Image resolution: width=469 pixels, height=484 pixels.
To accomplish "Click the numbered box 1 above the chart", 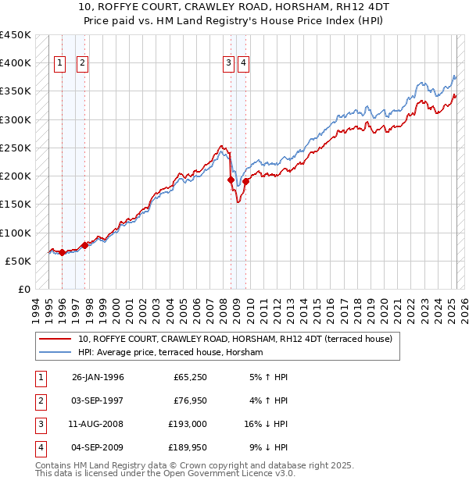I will coord(60,64).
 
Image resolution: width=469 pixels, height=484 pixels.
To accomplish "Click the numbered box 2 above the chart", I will coord(82,64).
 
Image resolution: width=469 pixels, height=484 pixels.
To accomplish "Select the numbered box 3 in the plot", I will coord(228,64).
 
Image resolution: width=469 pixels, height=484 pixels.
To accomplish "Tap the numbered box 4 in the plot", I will coord(244,64).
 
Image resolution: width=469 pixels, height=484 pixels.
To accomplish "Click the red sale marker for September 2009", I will coord(245,181).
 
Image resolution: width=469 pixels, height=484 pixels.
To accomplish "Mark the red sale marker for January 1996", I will coord(62,252).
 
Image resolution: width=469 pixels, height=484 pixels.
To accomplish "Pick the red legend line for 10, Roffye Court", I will coord(55,339).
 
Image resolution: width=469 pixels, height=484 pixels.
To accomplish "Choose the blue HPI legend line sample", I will coord(55,352).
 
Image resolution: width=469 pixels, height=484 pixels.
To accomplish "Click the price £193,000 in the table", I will coord(190,424).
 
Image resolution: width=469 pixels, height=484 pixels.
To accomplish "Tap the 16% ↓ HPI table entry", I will coord(266,424).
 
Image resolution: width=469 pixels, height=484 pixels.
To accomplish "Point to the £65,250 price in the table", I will coord(190,377).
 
